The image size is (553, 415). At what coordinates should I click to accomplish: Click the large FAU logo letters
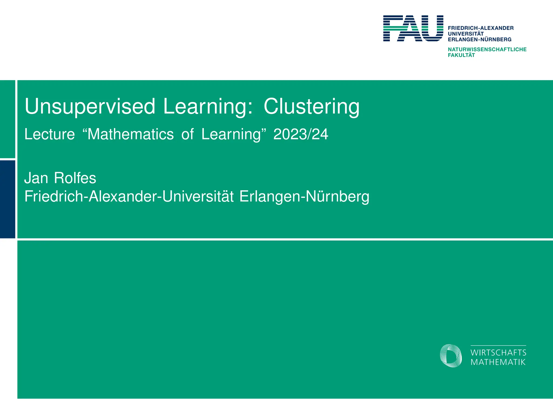(413, 28)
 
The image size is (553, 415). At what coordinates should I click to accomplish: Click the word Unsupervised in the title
(90, 107)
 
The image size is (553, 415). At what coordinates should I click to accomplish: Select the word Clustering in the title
(311, 107)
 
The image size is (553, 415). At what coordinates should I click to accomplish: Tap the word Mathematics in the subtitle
(130, 134)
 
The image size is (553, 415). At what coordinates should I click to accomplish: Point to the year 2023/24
(301, 134)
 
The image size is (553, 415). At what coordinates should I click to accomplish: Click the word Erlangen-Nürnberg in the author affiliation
(304, 196)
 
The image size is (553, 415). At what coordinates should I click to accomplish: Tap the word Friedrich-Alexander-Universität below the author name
(129, 196)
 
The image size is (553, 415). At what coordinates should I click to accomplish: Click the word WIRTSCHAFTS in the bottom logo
(498, 353)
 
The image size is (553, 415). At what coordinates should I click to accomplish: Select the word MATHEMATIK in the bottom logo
(498, 362)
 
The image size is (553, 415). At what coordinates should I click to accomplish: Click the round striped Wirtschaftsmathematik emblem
(450, 356)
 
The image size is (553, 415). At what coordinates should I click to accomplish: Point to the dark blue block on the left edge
(8, 199)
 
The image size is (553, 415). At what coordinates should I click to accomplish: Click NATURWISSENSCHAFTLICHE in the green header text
(487, 49)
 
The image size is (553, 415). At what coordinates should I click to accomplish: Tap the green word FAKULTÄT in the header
(461, 55)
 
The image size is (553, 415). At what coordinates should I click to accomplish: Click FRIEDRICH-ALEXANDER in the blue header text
(481, 28)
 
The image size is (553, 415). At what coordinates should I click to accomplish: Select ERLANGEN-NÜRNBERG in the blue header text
(480, 39)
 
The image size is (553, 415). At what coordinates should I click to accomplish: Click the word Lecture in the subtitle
(49, 134)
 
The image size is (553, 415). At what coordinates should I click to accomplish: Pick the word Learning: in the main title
(208, 107)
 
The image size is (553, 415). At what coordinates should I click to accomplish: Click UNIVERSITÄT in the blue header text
(466, 34)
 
